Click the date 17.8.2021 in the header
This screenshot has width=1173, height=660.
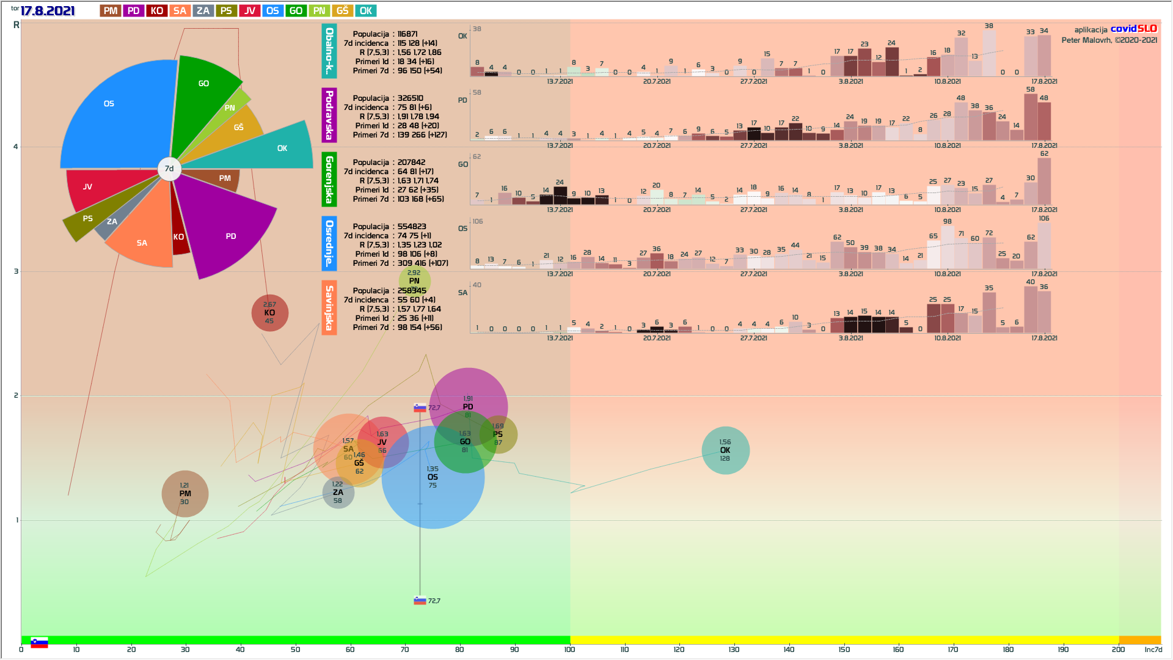coord(47,11)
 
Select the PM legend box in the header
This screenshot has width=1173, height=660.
coord(111,11)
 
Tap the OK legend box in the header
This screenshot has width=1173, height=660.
coord(365,11)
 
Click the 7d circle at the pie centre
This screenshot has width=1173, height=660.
coord(169,169)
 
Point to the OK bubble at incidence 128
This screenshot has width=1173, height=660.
coord(725,450)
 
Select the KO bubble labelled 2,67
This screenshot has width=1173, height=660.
coord(269,313)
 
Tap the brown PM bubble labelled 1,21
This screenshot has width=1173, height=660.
coord(185,494)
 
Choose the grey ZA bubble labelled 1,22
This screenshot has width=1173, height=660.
coord(338,493)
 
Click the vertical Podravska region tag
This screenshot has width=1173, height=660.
coord(329,115)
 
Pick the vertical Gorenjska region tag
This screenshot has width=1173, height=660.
coord(329,179)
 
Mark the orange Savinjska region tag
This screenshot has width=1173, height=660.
coord(329,307)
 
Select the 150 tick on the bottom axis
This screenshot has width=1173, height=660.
coord(844,649)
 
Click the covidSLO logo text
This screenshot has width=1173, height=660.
coord(1133,29)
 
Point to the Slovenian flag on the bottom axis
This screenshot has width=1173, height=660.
coord(39,642)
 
